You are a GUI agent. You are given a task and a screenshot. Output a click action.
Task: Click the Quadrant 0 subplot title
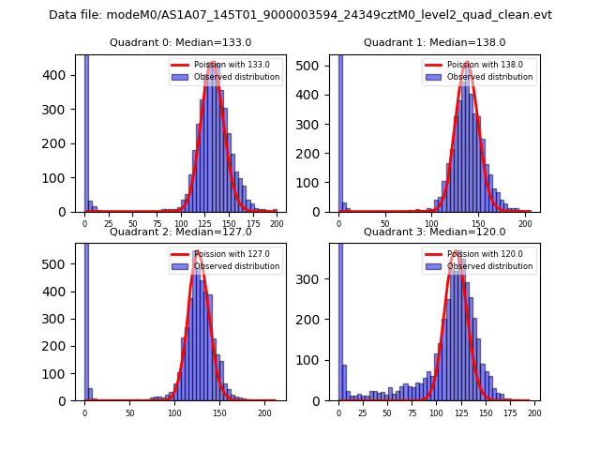click(180, 42)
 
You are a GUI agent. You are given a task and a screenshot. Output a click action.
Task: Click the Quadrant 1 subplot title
click(434, 42)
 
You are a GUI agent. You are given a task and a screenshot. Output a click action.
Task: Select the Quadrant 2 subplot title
click(180, 232)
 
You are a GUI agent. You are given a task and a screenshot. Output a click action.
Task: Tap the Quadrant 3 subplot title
click(434, 232)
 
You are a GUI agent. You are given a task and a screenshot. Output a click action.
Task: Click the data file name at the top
click(300, 15)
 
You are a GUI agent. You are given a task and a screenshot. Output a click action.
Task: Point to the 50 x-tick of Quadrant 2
click(129, 412)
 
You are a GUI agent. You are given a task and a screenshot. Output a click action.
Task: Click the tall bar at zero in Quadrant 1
click(339, 131)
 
